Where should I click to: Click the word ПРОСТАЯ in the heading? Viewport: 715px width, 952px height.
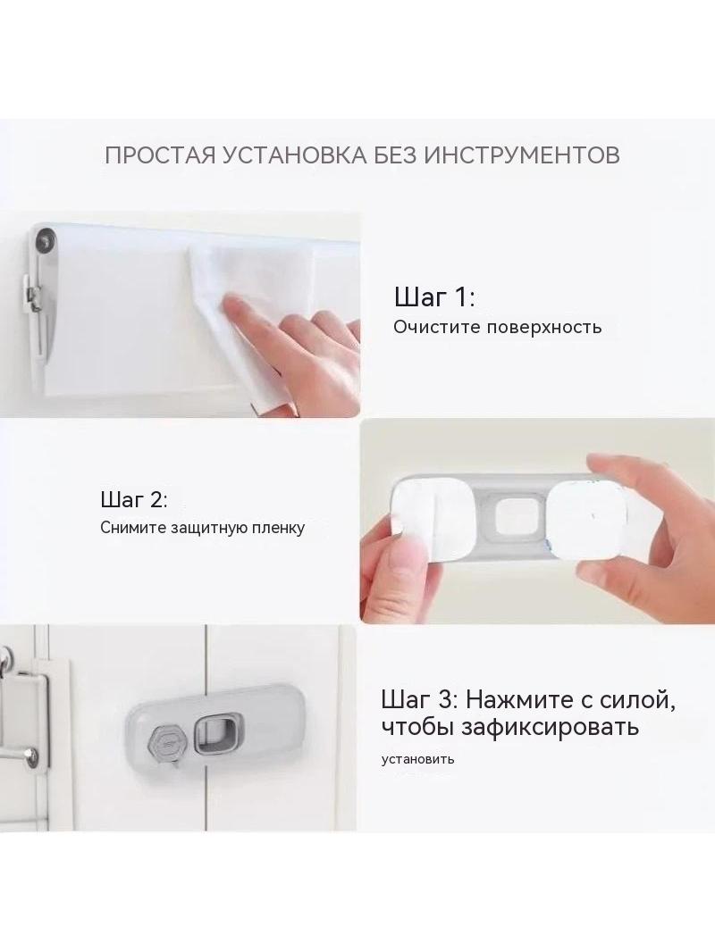(x=160, y=154)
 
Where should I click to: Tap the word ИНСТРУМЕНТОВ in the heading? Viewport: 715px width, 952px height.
(x=521, y=154)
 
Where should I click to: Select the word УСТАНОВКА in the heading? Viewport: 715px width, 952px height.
(x=295, y=154)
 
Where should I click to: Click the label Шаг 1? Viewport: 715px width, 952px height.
(x=433, y=297)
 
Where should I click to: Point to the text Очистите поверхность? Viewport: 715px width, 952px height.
(x=498, y=327)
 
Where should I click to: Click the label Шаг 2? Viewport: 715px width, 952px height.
(x=134, y=500)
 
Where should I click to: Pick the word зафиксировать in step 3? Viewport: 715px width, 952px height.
(x=550, y=726)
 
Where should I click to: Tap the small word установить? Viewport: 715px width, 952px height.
(x=418, y=759)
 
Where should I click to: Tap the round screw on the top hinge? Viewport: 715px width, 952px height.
(x=44, y=240)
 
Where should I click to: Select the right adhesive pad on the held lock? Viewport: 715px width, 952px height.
(x=585, y=525)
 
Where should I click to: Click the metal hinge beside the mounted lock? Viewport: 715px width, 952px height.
(x=28, y=716)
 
